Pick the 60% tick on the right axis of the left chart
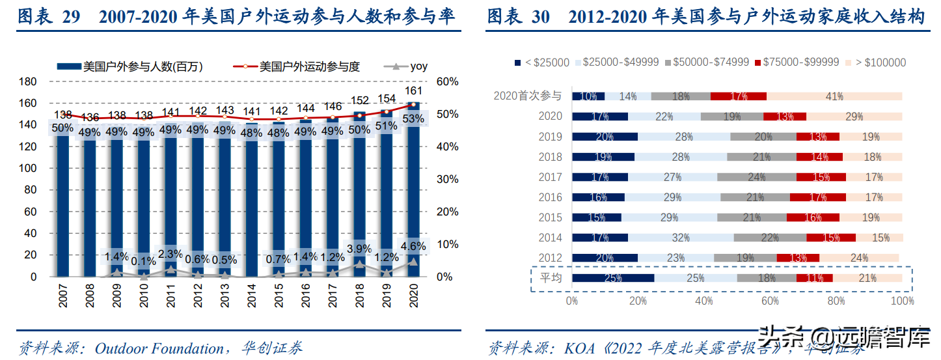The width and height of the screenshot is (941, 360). pyautogui.click(x=448, y=81)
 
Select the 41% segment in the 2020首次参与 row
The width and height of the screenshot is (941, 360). pyautogui.click(x=834, y=96)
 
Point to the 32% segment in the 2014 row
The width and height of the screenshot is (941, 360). pyautogui.click(x=681, y=238)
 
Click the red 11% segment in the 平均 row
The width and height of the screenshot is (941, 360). pyautogui.click(x=814, y=278)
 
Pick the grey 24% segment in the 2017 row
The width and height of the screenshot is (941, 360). pyautogui.click(x=756, y=177)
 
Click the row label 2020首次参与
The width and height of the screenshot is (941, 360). pyautogui.click(x=527, y=96)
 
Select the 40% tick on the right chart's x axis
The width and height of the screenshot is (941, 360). pyautogui.click(x=704, y=301)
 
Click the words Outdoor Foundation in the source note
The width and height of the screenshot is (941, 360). pyautogui.click(x=159, y=348)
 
